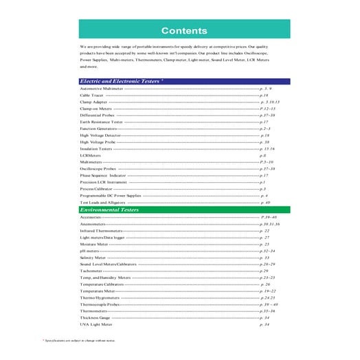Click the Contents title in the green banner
click(x=183, y=30)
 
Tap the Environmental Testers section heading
click(x=110, y=210)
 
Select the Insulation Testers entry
click(x=95, y=148)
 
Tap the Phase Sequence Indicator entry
click(x=104, y=175)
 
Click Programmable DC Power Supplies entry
click(x=110, y=195)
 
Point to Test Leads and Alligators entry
click(x=102, y=203)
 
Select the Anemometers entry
click(x=93, y=224)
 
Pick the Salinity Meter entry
click(x=94, y=258)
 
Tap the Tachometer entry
click(x=91, y=271)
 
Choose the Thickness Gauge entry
click(x=95, y=318)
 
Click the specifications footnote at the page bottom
click(x=79, y=340)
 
